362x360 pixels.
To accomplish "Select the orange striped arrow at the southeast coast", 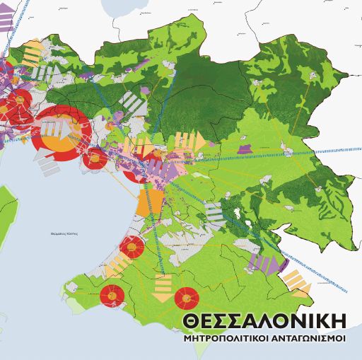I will tap(296, 280).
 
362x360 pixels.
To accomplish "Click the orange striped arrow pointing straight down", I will tap(163, 287).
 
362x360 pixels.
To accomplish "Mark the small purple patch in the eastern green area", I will tap(245, 149).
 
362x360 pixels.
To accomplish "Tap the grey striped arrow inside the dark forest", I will tap(132, 103).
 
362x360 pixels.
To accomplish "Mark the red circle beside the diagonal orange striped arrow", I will tap(132, 247).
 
